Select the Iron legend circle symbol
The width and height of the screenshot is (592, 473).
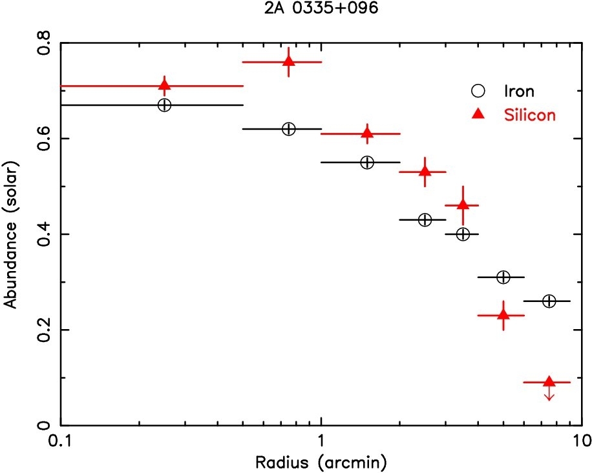(x=480, y=92)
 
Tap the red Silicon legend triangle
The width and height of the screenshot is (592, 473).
(x=480, y=114)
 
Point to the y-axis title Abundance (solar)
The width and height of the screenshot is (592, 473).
(x=11, y=234)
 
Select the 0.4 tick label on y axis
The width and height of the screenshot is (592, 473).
(x=43, y=234)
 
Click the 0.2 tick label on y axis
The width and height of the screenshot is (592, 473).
(x=43, y=330)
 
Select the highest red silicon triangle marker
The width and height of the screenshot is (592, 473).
(x=288, y=61)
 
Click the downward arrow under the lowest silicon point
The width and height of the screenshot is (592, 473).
(x=549, y=395)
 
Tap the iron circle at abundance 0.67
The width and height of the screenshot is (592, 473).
(x=164, y=105)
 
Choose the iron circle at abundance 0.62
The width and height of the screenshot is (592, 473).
(x=288, y=129)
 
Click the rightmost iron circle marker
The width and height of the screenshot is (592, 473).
(x=549, y=301)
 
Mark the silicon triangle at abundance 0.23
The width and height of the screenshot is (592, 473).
(x=503, y=315)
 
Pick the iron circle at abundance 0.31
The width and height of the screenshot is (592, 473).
(x=503, y=277)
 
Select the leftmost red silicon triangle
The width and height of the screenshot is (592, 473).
(x=164, y=85)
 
